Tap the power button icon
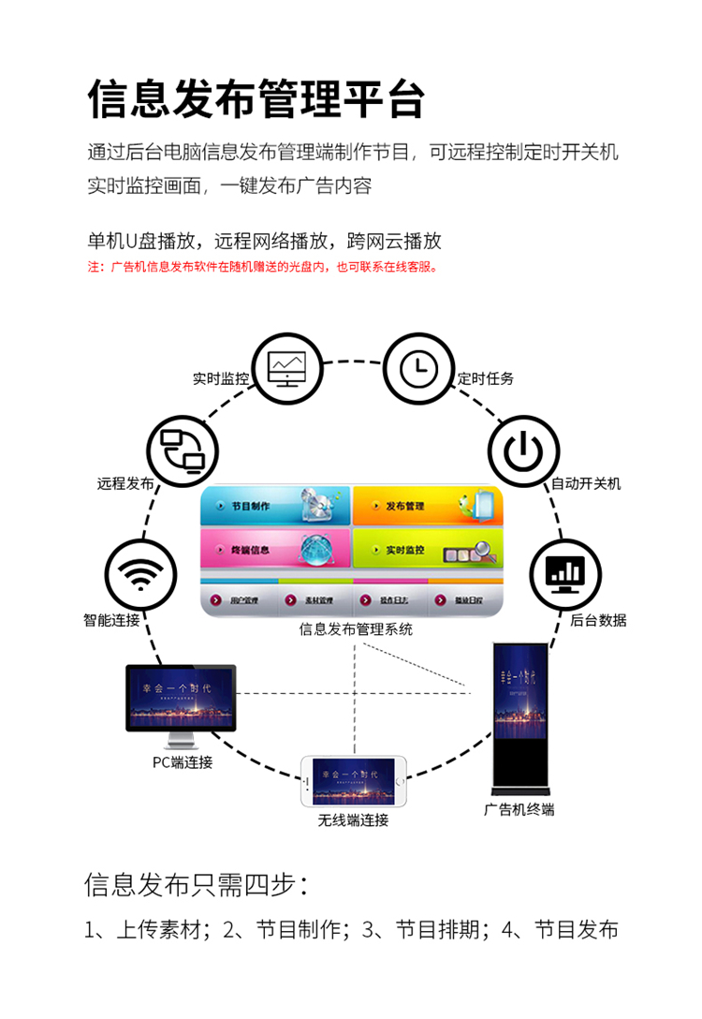click(x=522, y=450)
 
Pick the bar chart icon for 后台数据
click(x=565, y=572)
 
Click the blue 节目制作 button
click(x=275, y=506)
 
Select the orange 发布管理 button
click(x=427, y=506)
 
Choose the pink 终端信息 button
click(x=275, y=550)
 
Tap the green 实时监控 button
click(x=427, y=550)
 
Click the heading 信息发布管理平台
click(x=256, y=99)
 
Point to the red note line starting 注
click(x=264, y=267)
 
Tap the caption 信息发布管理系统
click(x=356, y=629)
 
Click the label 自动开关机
click(x=585, y=484)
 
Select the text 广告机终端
click(x=519, y=809)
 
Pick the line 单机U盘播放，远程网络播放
click(x=264, y=241)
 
